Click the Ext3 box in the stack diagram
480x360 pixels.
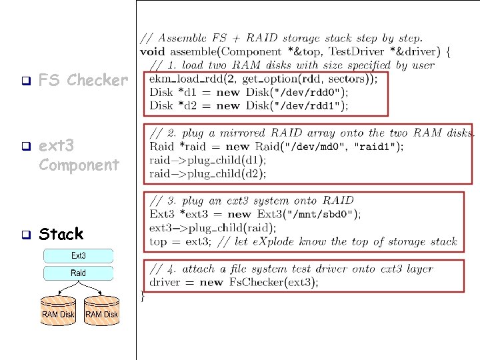tap(79, 255)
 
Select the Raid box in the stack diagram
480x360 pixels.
tap(79, 273)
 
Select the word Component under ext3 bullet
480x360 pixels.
tap(79, 165)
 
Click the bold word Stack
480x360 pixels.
tap(61, 234)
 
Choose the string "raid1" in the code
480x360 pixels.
tap(375, 147)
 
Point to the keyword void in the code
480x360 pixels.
tap(153, 51)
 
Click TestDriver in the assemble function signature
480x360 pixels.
tap(356, 51)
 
